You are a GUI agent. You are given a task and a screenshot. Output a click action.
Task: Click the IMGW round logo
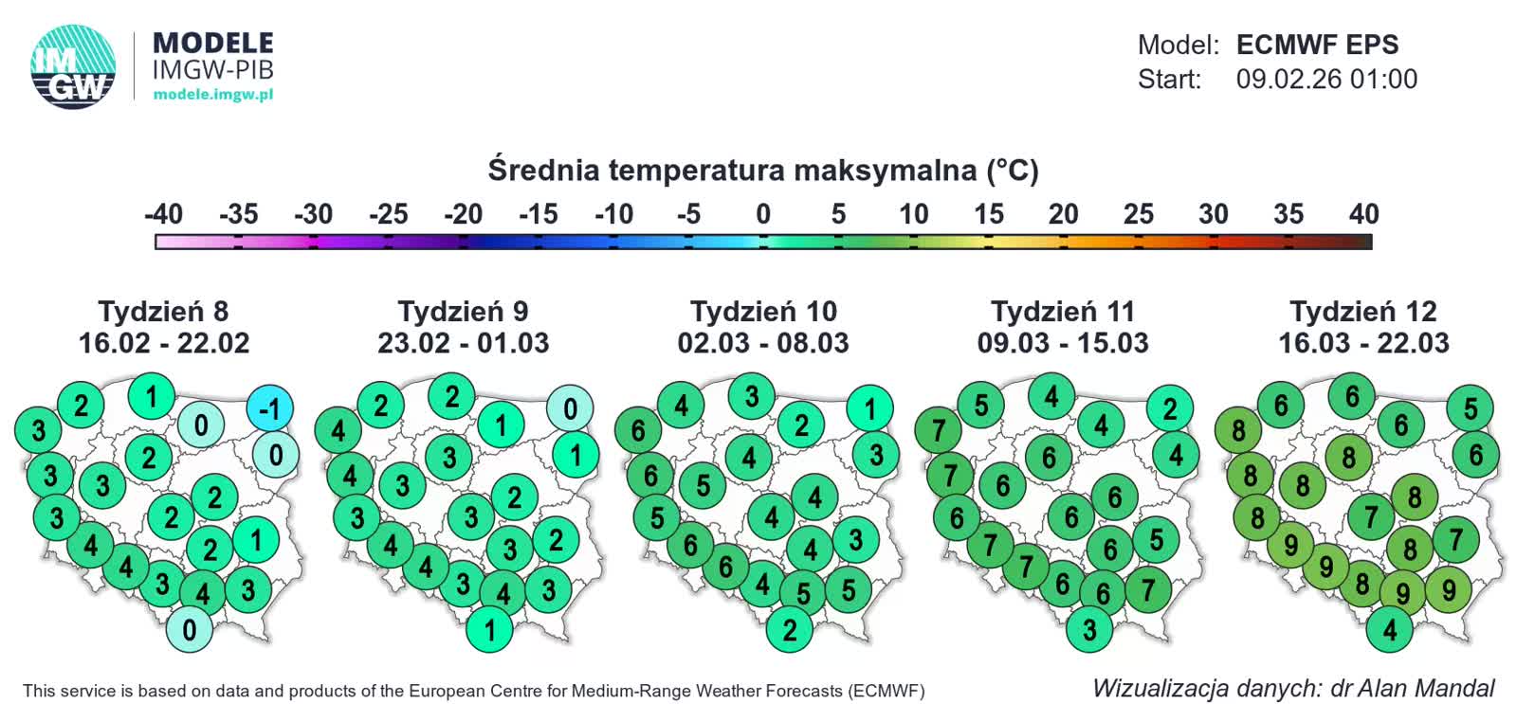click(73, 66)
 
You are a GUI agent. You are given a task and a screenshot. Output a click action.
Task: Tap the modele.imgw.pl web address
click(212, 95)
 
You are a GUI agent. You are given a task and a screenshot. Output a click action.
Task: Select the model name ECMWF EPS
click(1317, 45)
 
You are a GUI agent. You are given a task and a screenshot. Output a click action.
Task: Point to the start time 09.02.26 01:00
click(1326, 79)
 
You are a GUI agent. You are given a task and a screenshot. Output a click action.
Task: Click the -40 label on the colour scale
click(163, 214)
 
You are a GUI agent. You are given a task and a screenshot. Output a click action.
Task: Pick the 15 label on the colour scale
click(988, 214)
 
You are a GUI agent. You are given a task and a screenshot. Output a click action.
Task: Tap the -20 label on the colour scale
click(463, 214)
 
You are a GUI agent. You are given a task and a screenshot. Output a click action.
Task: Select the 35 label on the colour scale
click(1288, 214)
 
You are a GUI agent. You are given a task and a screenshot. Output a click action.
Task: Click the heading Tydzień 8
click(163, 311)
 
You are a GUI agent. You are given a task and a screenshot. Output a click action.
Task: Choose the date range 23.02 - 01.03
click(463, 343)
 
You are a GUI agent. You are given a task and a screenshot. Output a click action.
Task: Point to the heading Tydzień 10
click(763, 311)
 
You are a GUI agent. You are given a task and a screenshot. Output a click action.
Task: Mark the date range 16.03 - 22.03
click(1363, 343)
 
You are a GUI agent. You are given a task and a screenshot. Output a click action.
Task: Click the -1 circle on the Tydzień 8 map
click(270, 409)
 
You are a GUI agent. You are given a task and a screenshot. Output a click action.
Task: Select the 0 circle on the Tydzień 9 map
click(570, 409)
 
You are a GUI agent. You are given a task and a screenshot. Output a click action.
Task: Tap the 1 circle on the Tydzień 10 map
click(870, 409)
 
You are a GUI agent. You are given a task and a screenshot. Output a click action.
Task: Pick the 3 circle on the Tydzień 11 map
click(1089, 629)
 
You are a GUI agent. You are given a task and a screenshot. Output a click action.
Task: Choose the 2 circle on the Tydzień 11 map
click(1170, 409)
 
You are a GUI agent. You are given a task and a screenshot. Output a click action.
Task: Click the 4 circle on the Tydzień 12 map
click(1390, 629)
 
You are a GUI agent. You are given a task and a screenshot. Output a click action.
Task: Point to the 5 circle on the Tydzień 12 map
click(1471, 409)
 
